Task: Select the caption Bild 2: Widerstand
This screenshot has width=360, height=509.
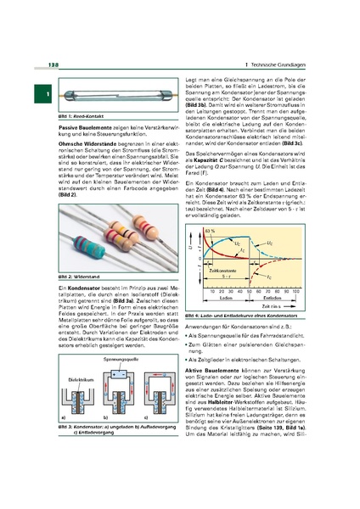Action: [x=75, y=278]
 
